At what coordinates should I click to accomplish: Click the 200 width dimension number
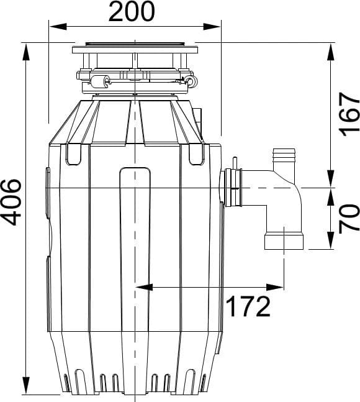(x=132, y=12)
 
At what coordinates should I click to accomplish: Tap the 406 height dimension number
(x=11, y=202)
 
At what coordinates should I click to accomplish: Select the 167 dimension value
(x=349, y=114)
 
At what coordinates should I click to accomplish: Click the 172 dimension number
(x=249, y=306)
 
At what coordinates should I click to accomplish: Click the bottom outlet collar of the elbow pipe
(x=284, y=240)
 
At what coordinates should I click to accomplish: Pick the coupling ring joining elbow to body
(x=233, y=188)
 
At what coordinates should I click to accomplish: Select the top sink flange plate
(x=135, y=50)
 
